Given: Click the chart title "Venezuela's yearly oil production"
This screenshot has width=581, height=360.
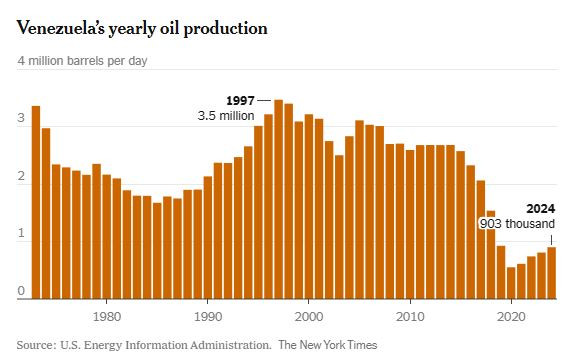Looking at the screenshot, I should pos(142,28).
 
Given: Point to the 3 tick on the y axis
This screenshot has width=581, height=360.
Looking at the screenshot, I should pos(21,119).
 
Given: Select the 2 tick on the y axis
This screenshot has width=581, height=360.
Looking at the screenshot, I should pos(21,177).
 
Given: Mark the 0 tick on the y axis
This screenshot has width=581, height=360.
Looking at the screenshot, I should pos(21,292).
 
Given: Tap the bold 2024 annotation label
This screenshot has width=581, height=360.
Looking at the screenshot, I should pos(539,209).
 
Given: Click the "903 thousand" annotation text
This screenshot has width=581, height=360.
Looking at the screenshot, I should pos(517,225).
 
